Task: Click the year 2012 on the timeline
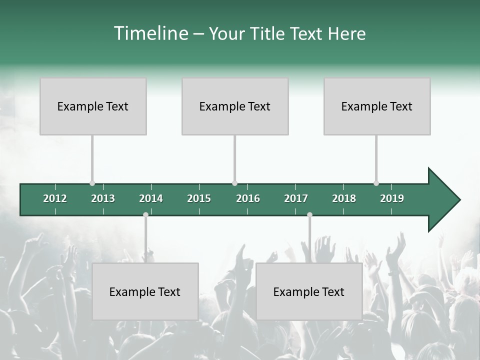(x=55, y=198)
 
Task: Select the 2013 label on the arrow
(x=103, y=198)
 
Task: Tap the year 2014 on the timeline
(x=151, y=198)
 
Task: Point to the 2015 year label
(x=199, y=198)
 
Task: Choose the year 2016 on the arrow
(x=248, y=198)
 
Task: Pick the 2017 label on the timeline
(x=296, y=198)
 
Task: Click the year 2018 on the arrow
(x=344, y=198)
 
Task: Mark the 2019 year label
(x=392, y=198)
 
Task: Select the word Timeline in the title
(x=150, y=33)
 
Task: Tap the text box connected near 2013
(x=93, y=106)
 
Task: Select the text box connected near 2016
(x=235, y=106)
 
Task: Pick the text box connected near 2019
(x=377, y=106)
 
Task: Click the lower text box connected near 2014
(x=145, y=291)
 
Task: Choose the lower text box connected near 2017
(x=309, y=291)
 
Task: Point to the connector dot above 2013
(x=92, y=183)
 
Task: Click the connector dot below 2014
(x=145, y=215)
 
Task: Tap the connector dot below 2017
(x=309, y=215)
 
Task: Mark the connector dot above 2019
(x=376, y=183)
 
